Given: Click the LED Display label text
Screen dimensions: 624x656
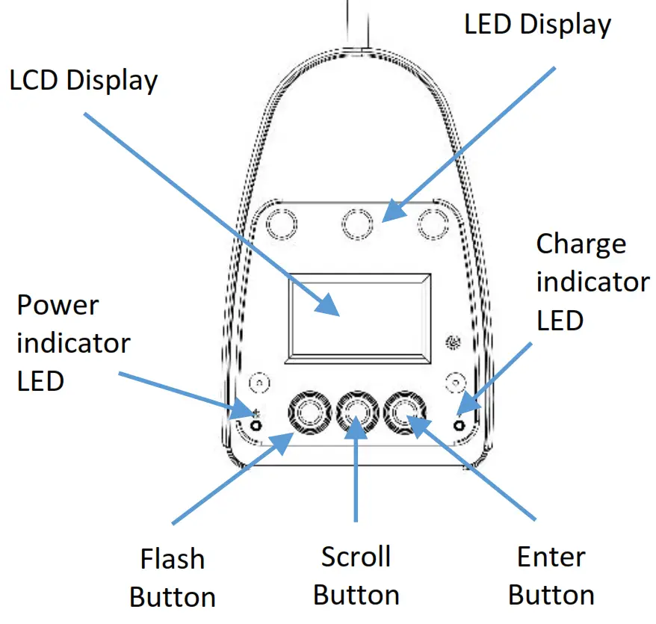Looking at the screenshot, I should pyautogui.click(x=537, y=24).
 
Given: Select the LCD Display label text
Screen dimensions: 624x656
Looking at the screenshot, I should pyautogui.click(x=84, y=81).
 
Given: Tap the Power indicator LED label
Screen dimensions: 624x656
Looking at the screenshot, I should pyautogui.click(x=73, y=343).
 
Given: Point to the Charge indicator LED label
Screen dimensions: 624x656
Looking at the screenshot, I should pyautogui.click(x=592, y=282).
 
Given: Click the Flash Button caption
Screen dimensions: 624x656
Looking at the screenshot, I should pyautogui.click(x=173, y=578).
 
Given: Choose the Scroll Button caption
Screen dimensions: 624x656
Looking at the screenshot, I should pyautogui.click(x=356, y=575).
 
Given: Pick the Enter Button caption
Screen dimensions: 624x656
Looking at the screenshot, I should pyautogui.click(x=551, y=576).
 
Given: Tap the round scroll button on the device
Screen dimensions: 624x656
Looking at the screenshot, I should pyautogui.click(x=357, y=412).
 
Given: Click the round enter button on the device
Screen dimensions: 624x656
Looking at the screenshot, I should pyautogui.click(x=406, y=412).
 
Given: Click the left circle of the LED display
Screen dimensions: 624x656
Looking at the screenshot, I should pyautogui.click(x=281, y=223).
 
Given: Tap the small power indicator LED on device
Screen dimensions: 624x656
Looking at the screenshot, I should pyautogui.click(x=256, y=424).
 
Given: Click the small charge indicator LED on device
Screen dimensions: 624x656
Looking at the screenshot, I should pyautogui.click(x=458, y=424).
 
